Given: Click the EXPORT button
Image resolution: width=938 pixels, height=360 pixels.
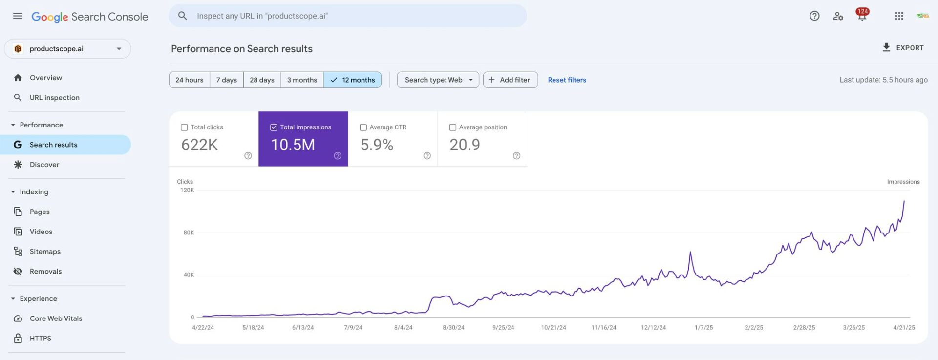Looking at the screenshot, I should pos(903,48).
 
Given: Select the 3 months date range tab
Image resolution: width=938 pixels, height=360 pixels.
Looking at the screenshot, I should pos(302,80).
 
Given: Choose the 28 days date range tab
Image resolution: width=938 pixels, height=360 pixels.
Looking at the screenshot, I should pos(262,80).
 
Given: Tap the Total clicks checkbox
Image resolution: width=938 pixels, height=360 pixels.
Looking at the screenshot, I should pos(184,127).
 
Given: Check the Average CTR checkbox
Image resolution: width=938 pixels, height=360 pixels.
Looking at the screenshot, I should pos(363,127).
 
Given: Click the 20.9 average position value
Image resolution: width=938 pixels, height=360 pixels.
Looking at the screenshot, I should pos(465,145).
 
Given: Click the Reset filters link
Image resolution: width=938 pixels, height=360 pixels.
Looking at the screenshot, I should pos(567,80).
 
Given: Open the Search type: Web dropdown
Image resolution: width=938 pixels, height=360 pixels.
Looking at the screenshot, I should pos(438,80).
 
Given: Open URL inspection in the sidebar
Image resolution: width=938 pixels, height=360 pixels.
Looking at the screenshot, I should pos(54,98).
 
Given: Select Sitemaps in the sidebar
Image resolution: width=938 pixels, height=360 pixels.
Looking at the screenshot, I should pos(45,252).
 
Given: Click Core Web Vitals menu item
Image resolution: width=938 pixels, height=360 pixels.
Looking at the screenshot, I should pos(56,318).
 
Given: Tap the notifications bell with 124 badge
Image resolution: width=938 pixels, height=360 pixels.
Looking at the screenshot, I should pos(862,16).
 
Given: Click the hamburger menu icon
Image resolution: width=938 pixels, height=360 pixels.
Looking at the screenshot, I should pos(18,16).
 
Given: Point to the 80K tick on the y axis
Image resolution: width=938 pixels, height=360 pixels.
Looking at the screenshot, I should pos(189,233).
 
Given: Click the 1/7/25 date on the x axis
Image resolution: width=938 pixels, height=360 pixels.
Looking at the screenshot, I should pos(703,328).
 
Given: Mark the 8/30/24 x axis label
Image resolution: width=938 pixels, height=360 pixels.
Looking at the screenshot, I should pos(453,328).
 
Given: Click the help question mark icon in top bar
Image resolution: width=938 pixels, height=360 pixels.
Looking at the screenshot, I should pos(814,16).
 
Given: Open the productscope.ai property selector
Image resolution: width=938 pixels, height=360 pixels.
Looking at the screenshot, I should pos(67,49).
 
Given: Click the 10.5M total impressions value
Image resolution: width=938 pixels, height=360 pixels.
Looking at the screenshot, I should pos(293,145).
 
